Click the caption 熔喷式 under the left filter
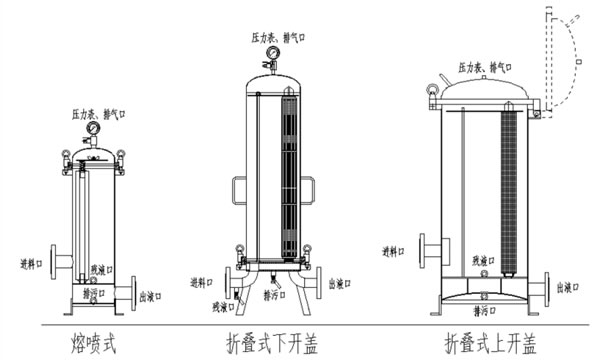[95, 343]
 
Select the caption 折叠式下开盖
[278, 344]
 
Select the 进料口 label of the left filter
[34, 264]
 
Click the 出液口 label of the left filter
[152, 296]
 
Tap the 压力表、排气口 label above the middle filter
[279, 36]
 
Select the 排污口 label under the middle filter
[276, 297]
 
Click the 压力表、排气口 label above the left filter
[96, 114]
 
